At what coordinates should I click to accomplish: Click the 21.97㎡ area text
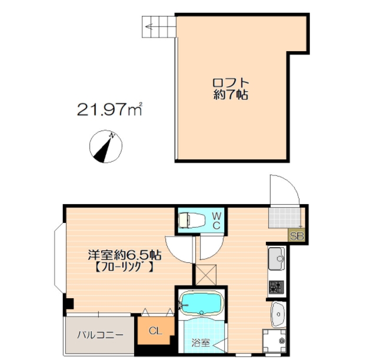[x=109, y=109]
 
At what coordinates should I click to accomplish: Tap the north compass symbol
[x=106, y=146]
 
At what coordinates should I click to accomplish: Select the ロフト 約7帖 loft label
[x=231, y=89]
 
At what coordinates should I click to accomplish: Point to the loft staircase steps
[x=159, y=26]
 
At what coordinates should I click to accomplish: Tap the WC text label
[x=216, y=221]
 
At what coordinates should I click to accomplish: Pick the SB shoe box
[x=296, y=236]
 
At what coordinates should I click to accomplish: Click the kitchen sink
[x=277, y=259]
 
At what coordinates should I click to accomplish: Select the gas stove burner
[x=276, y=286]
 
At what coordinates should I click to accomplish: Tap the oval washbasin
[x=278, y=315]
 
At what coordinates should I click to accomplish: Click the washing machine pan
[x=275, y=340]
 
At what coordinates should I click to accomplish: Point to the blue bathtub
[x=202, y=303]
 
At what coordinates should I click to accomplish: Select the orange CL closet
[x=156, y=330]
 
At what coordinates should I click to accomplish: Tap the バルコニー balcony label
[x=100, y=335]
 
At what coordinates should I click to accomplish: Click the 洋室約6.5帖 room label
[x=125, y=255]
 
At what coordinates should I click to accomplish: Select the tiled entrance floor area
[x=285, y=218]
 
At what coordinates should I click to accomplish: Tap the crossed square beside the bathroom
[x=206, y=275]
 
